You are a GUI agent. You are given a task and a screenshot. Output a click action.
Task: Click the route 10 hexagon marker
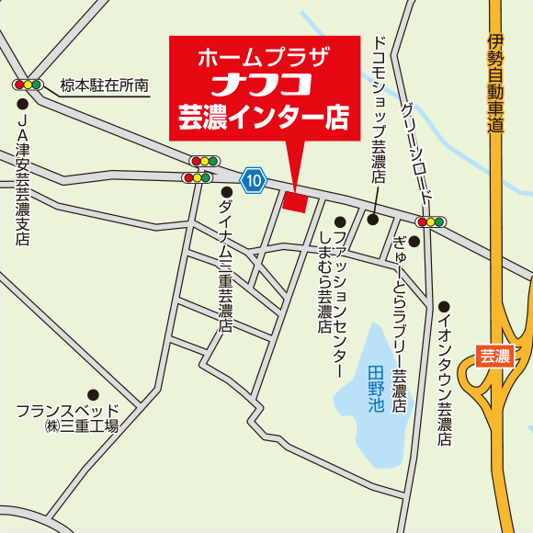254,180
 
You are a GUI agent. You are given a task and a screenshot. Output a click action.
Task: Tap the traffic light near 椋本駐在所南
28,85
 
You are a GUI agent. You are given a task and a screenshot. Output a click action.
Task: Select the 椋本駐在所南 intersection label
105,85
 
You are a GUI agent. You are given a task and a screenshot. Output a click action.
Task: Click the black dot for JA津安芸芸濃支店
23,103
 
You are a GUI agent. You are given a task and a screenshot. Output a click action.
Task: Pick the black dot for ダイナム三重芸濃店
226,192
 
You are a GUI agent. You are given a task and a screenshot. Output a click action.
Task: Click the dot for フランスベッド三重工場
93,394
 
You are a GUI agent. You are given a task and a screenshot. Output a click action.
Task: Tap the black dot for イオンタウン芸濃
444,307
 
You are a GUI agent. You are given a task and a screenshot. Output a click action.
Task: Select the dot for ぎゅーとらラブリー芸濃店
414,242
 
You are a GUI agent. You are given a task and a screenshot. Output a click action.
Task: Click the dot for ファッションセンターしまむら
339,222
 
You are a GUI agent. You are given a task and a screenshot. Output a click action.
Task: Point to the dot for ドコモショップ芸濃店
373,219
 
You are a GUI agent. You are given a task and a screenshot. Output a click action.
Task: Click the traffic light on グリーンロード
430,221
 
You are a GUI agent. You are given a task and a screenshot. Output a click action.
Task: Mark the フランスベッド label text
68,410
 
